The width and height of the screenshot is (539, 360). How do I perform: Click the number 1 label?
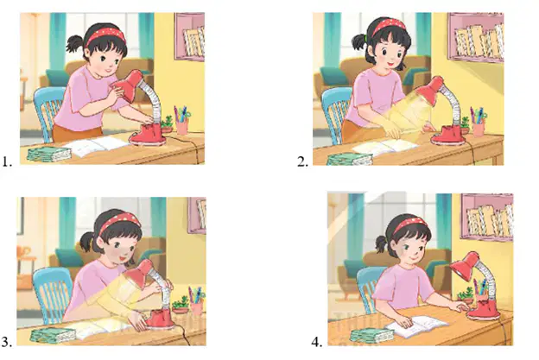(7, 161)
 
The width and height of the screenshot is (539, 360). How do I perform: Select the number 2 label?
(302, 161)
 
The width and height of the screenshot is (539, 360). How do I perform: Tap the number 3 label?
(7, 342)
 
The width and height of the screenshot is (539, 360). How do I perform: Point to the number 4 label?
(317, 342)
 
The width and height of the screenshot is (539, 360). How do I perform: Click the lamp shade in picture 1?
(126, 85)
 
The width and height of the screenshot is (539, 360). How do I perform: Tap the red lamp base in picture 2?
(448, 135)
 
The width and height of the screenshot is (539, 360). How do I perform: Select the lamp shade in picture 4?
(464, 265)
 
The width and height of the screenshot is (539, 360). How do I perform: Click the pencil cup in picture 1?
(182, 126)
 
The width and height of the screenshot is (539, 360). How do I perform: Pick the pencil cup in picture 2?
(479, 129)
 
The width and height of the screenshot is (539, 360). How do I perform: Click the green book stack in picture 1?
(49, 154)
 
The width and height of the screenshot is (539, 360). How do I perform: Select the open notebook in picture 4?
(416, 325)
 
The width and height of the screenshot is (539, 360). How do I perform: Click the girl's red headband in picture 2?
(388, 27)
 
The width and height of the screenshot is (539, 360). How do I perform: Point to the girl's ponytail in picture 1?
(75, 44)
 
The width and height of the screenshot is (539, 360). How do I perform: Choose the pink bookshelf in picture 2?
(476, 37)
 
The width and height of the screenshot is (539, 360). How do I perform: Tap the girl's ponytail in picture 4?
(381, 244)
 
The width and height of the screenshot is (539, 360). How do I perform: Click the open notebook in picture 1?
(98, 146)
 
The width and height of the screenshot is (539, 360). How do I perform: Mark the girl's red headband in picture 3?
(119, 222)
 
